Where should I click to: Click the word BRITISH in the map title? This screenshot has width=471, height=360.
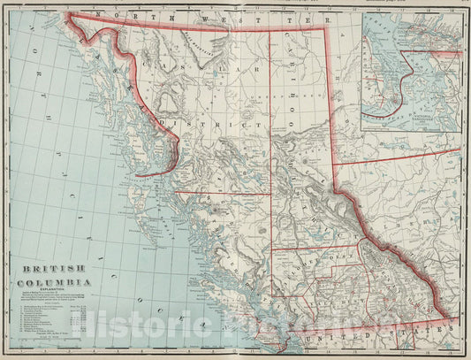tap(49, 269)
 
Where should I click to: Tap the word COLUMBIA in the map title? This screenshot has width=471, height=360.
tap(53, 282)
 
